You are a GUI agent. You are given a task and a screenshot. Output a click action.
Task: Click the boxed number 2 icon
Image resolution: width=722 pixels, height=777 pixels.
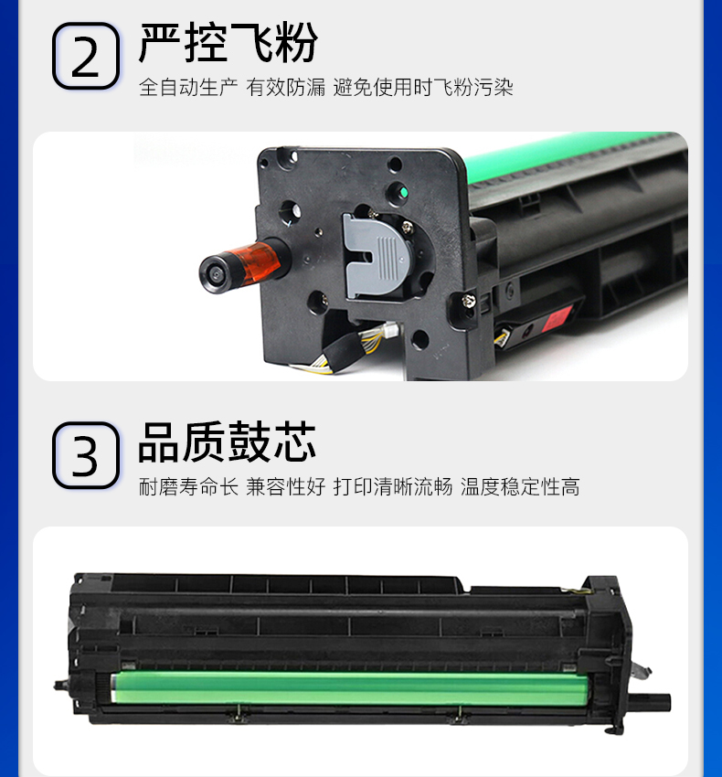86,56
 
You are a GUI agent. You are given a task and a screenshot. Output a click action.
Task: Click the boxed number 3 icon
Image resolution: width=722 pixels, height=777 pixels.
86,455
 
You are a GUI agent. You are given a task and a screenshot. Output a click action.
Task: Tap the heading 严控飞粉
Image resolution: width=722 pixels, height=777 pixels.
228,43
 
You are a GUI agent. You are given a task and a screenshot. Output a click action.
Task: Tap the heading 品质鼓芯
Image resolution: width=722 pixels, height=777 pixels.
227,442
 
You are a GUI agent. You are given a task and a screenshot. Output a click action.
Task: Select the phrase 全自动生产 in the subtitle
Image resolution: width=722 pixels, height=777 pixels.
188,87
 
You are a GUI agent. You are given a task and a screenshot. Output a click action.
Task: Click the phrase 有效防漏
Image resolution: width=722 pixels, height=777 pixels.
286,87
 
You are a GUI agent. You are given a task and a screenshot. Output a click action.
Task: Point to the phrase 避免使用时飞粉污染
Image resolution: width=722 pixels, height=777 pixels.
423,87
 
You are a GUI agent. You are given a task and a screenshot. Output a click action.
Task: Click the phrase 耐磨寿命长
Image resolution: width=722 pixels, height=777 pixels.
188,486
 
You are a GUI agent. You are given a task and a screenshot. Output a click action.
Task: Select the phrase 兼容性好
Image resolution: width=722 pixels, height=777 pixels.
286,486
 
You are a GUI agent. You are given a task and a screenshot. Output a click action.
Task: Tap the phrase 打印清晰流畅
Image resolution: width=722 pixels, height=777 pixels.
393,486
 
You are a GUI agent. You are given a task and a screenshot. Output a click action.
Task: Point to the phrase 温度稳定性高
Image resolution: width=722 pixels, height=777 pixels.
520,486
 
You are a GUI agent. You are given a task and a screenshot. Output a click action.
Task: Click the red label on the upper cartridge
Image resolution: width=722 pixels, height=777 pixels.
558,317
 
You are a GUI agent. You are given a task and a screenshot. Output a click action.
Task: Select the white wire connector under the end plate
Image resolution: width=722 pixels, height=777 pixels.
390,329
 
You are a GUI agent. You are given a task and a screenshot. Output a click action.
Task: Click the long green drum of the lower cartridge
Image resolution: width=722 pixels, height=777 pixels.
349,687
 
